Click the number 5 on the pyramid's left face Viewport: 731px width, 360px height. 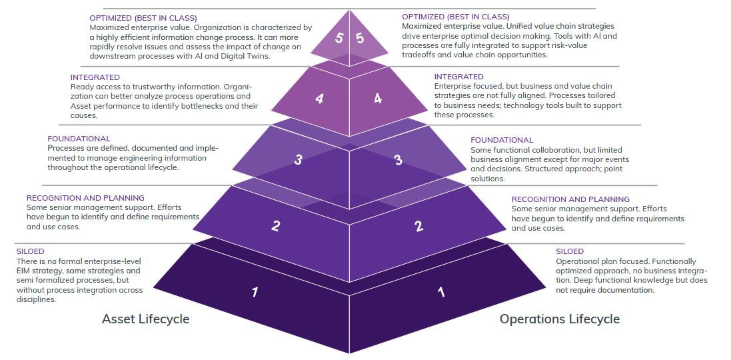339,38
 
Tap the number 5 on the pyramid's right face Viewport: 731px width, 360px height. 360,38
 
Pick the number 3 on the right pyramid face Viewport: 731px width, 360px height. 398,159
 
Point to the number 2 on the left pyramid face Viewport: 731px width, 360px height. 276,225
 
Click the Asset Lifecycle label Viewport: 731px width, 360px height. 145,319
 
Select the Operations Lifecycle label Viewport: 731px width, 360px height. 560,319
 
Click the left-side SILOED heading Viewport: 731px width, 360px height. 30,251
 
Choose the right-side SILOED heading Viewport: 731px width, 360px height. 570,251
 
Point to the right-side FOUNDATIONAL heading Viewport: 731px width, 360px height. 502,140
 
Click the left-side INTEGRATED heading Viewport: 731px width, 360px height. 95,77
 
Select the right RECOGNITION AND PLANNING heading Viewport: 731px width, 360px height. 570,199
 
